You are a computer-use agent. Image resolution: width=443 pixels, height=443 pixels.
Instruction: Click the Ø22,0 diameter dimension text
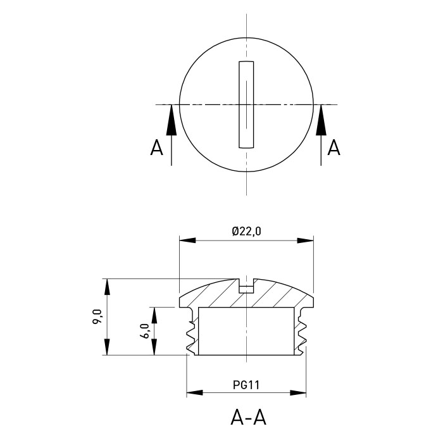246,232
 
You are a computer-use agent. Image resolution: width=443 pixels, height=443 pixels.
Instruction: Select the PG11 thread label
246,385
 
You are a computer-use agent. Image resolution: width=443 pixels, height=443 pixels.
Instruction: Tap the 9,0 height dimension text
97,316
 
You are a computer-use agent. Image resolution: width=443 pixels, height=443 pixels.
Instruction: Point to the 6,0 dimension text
144,330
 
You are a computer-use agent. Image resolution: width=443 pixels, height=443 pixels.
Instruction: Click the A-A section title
248,418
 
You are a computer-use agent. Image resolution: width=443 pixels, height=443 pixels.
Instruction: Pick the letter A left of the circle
156,147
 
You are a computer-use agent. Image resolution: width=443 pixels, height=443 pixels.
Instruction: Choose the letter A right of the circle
334,147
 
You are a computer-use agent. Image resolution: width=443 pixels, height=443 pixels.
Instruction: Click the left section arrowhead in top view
172,120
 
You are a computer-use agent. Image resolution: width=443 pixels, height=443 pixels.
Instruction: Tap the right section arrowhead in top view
321,120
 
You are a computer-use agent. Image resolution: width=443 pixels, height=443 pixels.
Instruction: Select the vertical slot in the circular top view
246,104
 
